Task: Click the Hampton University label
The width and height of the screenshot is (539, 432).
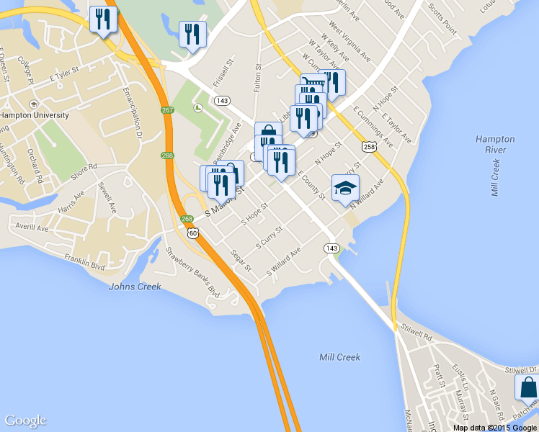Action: (x=35, y=115)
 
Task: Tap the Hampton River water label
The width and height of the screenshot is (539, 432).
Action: (x=495, y=144)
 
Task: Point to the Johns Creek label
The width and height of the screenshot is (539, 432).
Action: (x=134, y=287)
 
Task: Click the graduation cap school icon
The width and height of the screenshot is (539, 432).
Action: (x=345, y=189)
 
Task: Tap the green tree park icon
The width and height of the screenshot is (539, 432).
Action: (x=198, y=109)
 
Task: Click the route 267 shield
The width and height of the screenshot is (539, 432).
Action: (x=167, y=110)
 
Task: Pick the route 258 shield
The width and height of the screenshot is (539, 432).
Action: (x=370, y=147)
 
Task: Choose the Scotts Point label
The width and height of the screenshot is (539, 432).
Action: (x=442, y=19)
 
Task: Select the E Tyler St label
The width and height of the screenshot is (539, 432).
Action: (x=63, y=74)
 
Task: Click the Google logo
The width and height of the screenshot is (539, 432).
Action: (x=25, y=420)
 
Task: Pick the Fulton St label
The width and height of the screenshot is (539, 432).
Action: (x=257, y=78)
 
